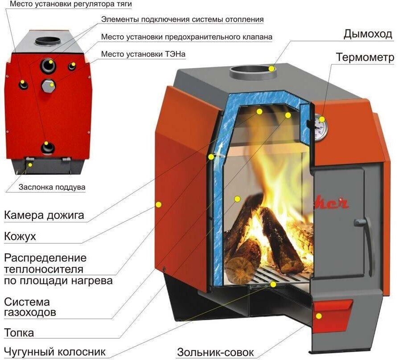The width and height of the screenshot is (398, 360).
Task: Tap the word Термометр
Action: tap(365, 57)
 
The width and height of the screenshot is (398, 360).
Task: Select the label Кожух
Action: tap(20, 236)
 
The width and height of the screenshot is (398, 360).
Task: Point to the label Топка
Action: tap(19, 333)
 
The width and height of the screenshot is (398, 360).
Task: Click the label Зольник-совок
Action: tap(216, 352)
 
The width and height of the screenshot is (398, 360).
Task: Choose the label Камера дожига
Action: tap(44, 216)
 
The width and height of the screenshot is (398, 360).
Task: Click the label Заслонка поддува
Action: tap(52, 187)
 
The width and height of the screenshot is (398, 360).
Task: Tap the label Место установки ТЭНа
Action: tap(143, 54)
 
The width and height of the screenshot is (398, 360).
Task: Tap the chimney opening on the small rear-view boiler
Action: tap(47, 41)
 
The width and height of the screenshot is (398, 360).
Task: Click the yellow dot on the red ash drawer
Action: tap(319, 316)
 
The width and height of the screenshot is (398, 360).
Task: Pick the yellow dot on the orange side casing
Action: tap(158, 204)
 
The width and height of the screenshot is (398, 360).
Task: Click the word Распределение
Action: tap(45, 258)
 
